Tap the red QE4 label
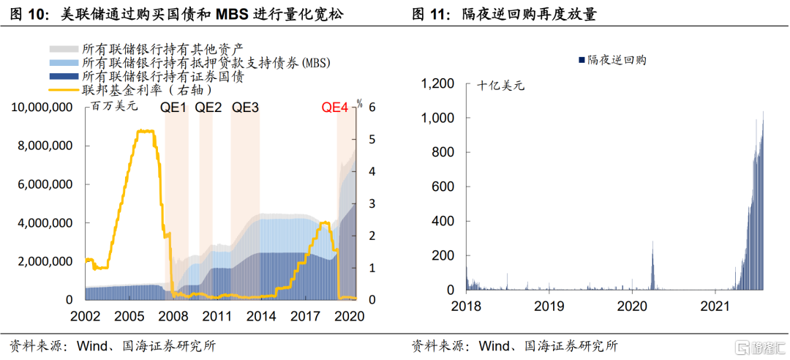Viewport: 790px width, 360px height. point(336,108)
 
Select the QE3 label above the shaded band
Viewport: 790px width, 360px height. point(245,108)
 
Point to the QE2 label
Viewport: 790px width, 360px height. point(208,108)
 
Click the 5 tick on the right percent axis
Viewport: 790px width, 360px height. point(372,139)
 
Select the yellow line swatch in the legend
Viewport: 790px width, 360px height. point(64,90)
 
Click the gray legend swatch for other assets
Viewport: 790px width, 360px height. point(64,48)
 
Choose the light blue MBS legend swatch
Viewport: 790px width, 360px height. point(64,62)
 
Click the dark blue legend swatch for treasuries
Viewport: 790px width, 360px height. point(64,76)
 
